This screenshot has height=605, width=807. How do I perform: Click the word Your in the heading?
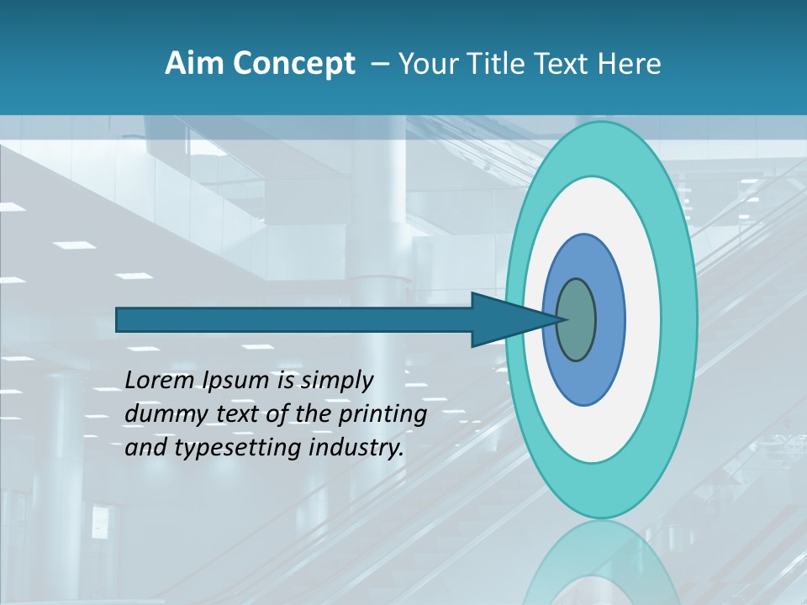point(425,64)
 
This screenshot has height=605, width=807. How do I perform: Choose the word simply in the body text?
point(336,381)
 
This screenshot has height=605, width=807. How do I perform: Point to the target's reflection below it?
point(601,567)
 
